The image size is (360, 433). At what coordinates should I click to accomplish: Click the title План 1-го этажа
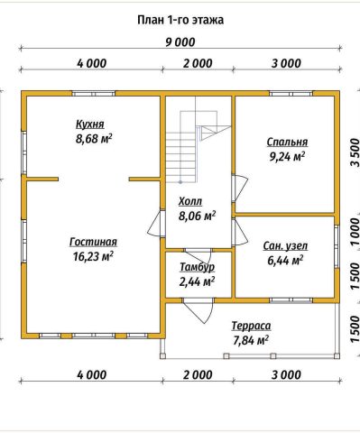(x=180, y=20)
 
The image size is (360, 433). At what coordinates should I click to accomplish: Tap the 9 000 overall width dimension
(x=180, y=42)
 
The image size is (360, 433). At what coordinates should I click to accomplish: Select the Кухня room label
(x=90, y=124)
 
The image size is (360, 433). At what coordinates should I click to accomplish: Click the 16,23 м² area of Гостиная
(x=93, y=256)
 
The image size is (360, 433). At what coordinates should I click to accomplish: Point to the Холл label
(x=190, y=201)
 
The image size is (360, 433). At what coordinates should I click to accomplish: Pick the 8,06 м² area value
(x=198, y=216)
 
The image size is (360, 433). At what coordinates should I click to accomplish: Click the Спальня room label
(x=287, y=142)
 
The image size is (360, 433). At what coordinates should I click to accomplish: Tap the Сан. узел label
(x=285, y=245)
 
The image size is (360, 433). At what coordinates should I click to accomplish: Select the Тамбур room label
(x=198, y=267)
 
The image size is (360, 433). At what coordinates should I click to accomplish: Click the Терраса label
(x=251, y=326)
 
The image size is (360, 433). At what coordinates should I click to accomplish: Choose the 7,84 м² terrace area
(x=251, y=340)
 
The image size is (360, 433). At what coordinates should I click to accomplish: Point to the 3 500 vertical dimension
(x=355, y=152)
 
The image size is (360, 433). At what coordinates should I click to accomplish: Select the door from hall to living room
(x=156, y=224)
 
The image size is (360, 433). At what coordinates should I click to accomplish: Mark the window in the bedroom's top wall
(x=291, y=94)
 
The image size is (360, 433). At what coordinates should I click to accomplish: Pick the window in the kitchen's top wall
(x=94, y=94)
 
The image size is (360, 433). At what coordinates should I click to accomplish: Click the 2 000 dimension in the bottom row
(x=198, y=375)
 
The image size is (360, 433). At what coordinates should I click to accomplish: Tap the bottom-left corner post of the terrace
(x=162, y=356)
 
